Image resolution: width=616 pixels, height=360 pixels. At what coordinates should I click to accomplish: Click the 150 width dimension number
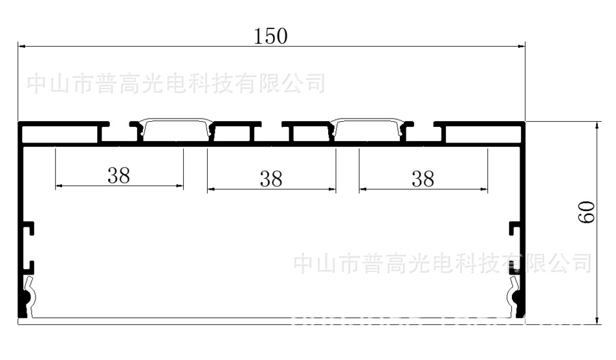point(270,36)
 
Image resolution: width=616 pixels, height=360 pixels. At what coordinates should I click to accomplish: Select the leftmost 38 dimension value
point(118,175)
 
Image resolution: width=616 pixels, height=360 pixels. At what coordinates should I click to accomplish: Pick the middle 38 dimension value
point(271,179)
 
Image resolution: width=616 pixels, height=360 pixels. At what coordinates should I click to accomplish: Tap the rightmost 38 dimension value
point(423,179)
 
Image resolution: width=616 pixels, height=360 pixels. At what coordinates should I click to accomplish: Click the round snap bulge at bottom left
point(27,298)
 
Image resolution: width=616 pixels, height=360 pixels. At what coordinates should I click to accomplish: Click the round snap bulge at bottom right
point(517,298)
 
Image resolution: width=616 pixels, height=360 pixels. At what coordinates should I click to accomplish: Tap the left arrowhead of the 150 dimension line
point(21,47)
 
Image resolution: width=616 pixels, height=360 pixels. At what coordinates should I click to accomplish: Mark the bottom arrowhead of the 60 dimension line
point(595,319)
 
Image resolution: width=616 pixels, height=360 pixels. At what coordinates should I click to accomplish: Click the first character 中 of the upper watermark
point(37,84)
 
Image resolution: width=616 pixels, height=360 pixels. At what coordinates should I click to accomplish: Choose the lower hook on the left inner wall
point(29,265)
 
